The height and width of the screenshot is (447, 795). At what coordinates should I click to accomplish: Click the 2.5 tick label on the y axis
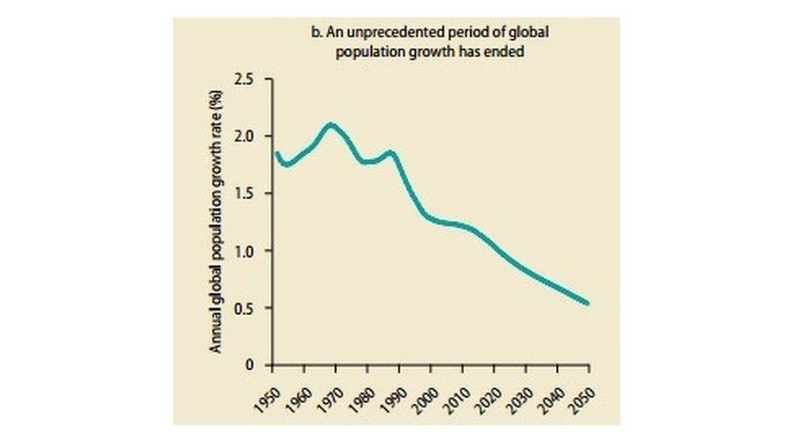point(244,79)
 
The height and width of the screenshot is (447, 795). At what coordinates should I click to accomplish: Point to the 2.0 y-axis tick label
point(244,136)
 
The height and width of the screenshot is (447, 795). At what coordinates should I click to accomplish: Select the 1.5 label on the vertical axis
point(244,194)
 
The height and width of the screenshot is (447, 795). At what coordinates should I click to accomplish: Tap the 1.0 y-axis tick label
point(244,251)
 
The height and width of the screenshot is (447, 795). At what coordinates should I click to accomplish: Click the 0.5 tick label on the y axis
point(244,309)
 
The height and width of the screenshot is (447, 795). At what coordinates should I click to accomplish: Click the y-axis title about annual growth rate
point(217,221)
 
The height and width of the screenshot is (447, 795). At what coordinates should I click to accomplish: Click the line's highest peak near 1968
point(330,125)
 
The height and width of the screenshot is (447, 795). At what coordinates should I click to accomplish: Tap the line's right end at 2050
point(587,304)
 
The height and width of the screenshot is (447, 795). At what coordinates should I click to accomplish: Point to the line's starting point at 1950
point(277,153)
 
